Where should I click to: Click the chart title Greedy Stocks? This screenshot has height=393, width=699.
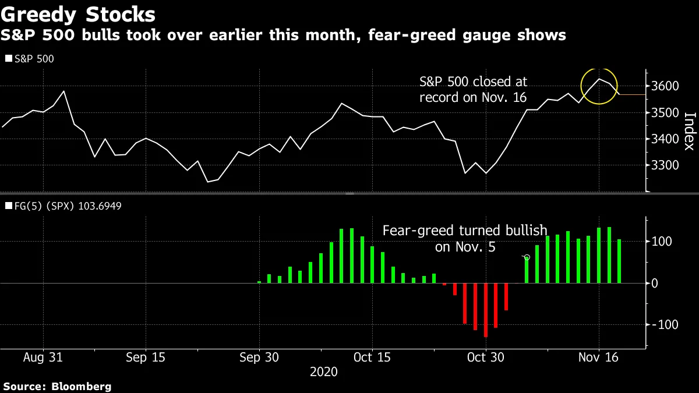pyautogui.click(x=78, y=13)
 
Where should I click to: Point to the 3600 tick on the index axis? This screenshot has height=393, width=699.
pyautogui.click(x=666, y=86)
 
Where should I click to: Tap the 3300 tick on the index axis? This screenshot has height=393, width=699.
pyautogui.click(x=666, y=165)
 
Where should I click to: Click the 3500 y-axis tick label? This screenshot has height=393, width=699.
pyautogui.click(x=666, y=112)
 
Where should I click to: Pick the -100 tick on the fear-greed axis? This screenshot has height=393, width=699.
pyautogui.click(x=665, y=324)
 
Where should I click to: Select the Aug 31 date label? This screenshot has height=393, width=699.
pyautogui.click(x=43, y=357)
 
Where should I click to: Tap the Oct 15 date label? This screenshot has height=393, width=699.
pyautogui.click(x=372, y=357)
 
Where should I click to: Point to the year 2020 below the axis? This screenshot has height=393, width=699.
pyautogui.click(x=323, y=371)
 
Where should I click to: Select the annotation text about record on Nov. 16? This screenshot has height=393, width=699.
pyautogui.click(x=473, y=90)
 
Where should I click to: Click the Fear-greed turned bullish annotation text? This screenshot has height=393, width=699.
pyautogui.click(x=465, y=239)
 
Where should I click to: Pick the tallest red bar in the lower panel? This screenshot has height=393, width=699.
pyautogui.click(x=486, y=310)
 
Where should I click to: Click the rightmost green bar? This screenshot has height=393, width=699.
pyautogui.click(x=619, y=261)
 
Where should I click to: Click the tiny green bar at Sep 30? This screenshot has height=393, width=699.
pyautogui.click(x=259, y=282)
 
